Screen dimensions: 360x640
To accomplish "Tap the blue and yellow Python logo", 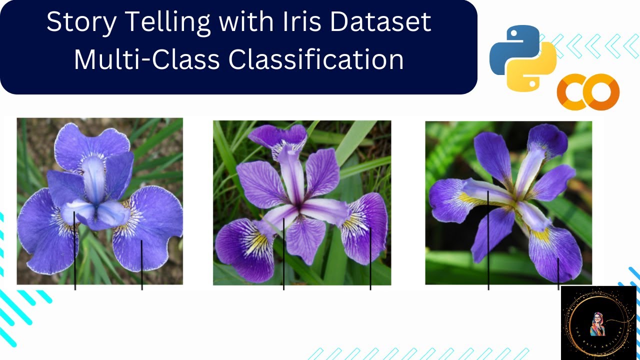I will (x=522, y=59).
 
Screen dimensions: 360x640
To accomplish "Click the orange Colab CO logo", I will (x=588, y=92).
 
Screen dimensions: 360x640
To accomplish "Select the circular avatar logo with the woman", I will (x=598, y=322).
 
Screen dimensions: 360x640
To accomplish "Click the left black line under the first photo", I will (x=75, y=250).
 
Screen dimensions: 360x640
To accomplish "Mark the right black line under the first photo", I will (x=142, y=265).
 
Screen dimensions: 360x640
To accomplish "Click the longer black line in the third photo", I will (x=488, y=240).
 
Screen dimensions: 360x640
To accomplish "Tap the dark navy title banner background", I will (x=30, y=75).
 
